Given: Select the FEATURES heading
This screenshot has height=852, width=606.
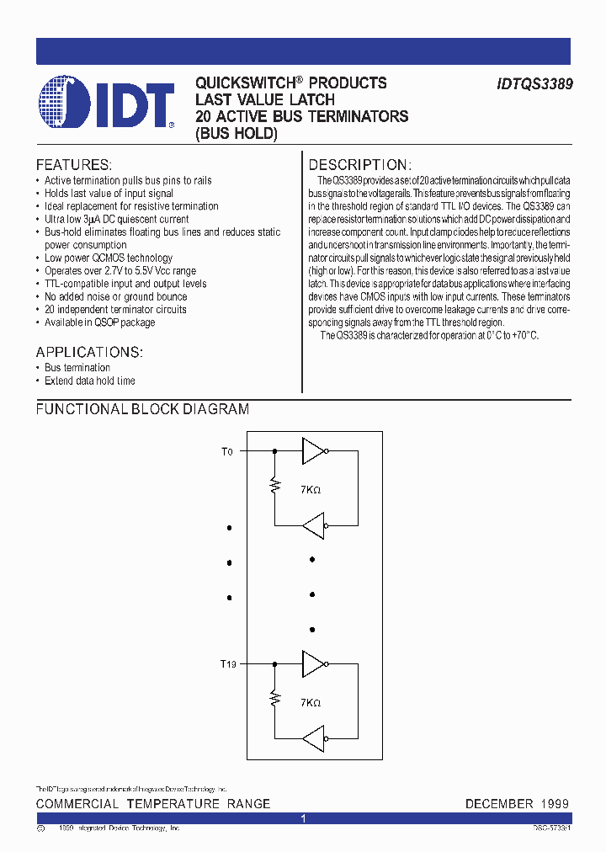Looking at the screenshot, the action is tap(73, 164).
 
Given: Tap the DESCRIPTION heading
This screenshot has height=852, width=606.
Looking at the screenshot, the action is tap(359, 164).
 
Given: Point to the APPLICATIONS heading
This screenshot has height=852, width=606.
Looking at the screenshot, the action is tap(89, 351).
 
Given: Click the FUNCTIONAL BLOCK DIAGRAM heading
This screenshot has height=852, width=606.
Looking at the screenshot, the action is tap(142, 409).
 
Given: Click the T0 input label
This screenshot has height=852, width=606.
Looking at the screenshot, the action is tap(226, 452).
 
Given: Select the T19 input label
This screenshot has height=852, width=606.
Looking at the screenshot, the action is tap(228, 664).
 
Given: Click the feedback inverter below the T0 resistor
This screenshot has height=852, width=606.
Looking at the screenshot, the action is tap(313, 527).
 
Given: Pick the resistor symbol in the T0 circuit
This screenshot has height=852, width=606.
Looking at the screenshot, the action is tap(274, 487).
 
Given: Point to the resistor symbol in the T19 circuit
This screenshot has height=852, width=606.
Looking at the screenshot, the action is tap(274, 699).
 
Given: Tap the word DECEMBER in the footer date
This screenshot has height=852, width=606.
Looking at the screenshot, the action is tap(499, 804).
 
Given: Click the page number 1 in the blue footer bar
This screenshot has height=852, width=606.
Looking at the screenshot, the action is tap(303, 818).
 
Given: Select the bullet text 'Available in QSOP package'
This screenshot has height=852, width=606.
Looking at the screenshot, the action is tap(99, 322).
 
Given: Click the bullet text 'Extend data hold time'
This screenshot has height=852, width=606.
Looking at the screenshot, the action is tap(89, 381).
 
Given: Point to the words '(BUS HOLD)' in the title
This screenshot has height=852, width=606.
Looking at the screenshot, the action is tap(236, 132).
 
